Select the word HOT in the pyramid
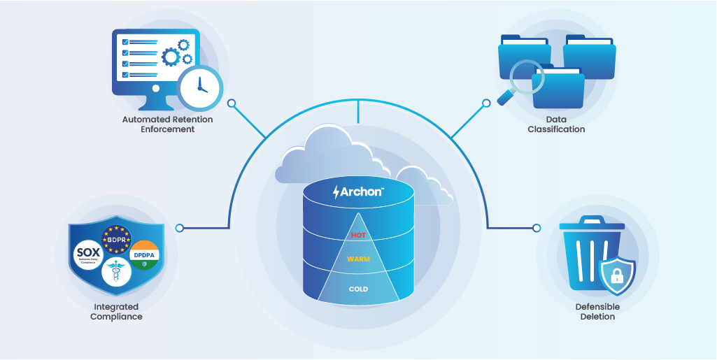point(358,236)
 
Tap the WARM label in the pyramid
point(358,259)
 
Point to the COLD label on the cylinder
point(358,289)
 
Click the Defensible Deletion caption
point(597,312)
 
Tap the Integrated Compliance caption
point(116,312)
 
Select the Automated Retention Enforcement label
point(167,124)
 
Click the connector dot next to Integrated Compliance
point(180,228)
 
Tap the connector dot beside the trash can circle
point(537,228)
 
